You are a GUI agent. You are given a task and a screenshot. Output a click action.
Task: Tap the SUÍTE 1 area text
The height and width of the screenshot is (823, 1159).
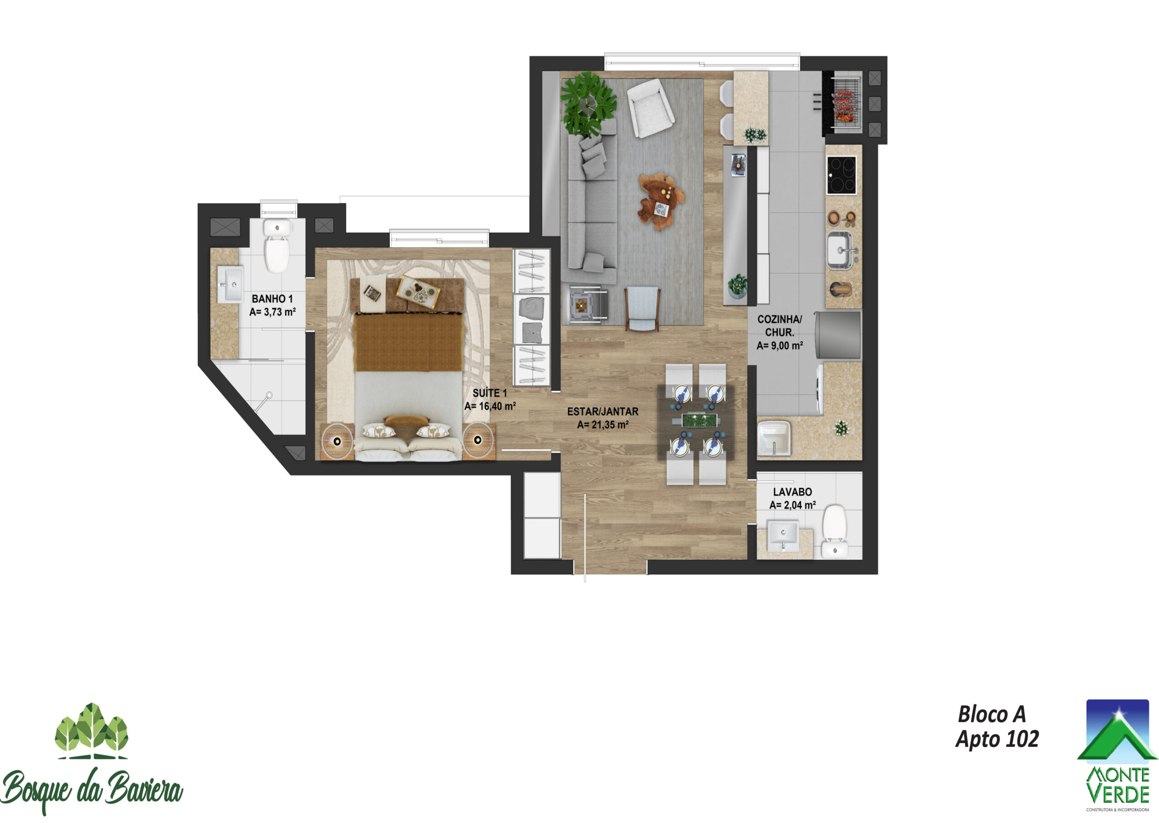pyautogui.click(x=490, y=407)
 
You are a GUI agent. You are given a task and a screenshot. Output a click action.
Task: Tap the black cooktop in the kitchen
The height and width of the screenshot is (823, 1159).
pyautogui.click(x=841, y=175)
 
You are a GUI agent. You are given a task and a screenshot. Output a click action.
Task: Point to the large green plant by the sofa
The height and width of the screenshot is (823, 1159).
pyautogui.click(x=589, y=105)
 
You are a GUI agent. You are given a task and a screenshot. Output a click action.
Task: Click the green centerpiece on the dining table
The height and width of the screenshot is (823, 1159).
pyautogui.click(x=699, y=420)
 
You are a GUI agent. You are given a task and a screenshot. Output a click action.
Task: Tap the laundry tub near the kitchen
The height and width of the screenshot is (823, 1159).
pyautogui.click(x=774, y=437)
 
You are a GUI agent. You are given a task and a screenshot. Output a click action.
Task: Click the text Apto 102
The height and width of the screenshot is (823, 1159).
pyautogui.click(x=997, y=739)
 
